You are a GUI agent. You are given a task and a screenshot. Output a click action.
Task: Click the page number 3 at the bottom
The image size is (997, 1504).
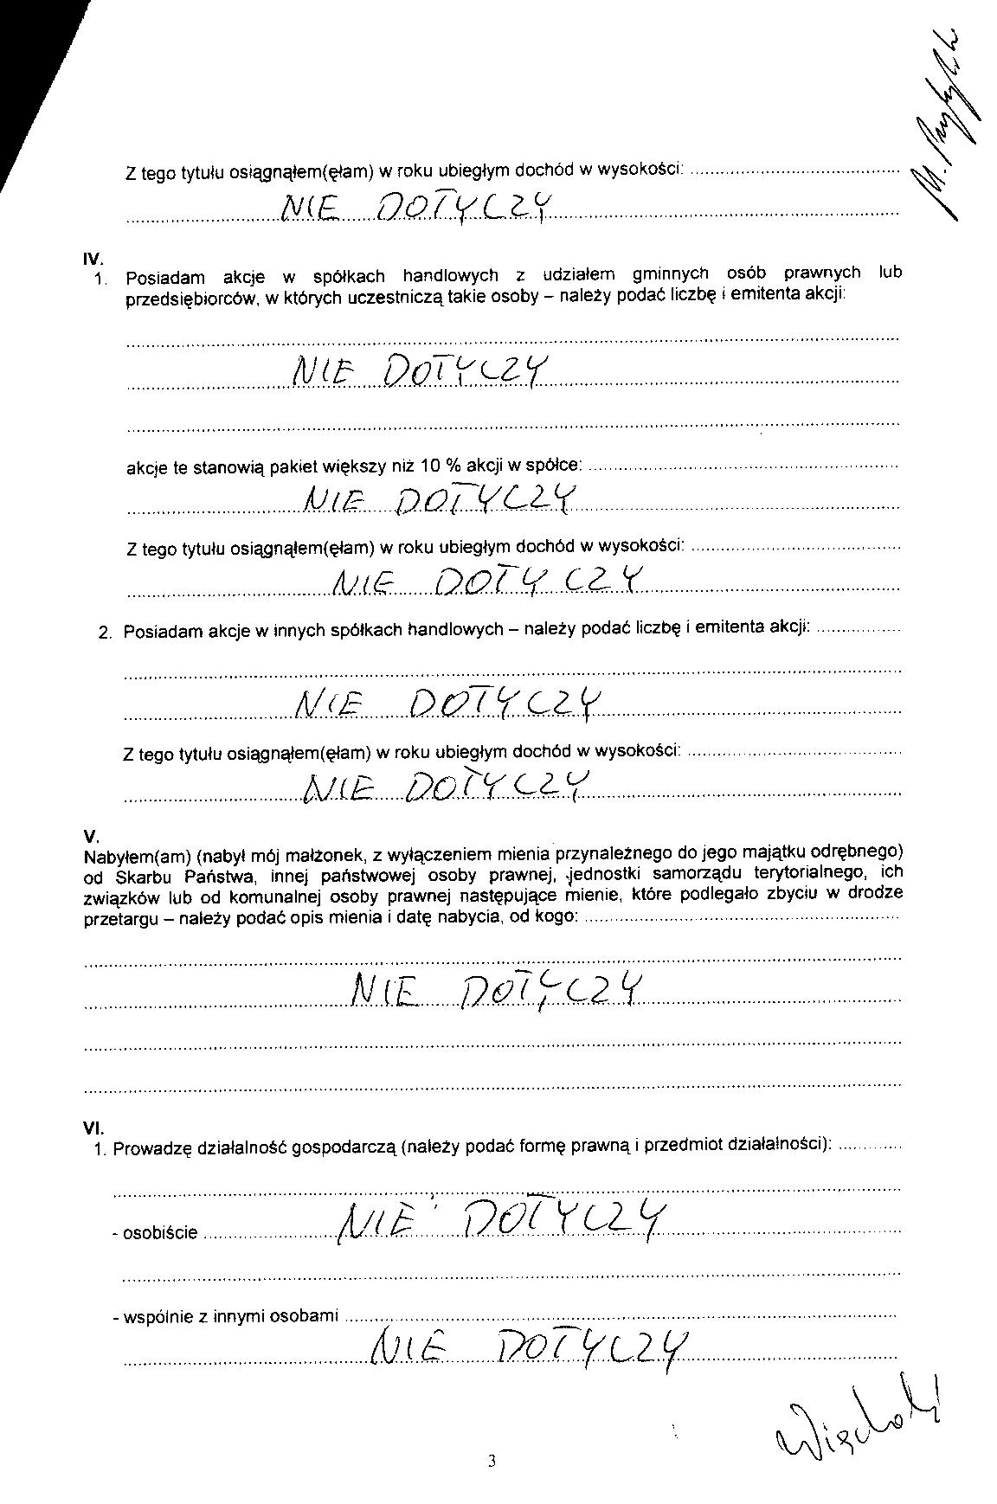[x=492, y=1462]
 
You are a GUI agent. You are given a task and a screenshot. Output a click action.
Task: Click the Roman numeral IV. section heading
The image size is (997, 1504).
[x=93, y=258]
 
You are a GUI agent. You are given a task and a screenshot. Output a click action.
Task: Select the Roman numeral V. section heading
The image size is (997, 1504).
[x=92, y=836]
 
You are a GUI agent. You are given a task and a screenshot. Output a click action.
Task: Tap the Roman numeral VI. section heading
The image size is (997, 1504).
[x=93, y=1128]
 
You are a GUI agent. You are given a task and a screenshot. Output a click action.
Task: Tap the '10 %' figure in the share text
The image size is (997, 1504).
[x=441, y=467]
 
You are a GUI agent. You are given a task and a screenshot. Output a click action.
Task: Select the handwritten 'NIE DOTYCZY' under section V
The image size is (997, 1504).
[x=497, y=992]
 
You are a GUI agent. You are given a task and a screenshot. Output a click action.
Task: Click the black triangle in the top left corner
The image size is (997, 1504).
[x=26, y=69]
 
